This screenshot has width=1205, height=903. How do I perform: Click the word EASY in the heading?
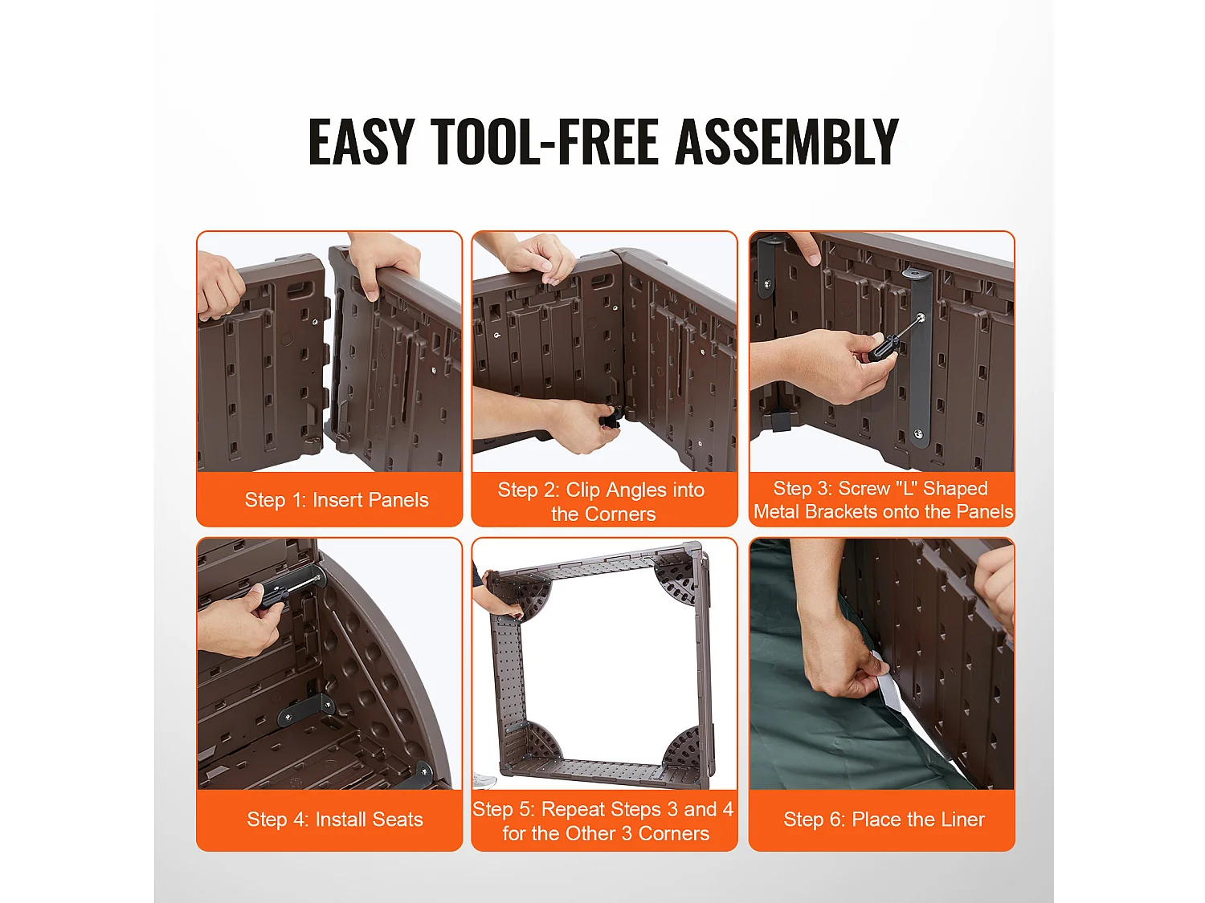[361, 141]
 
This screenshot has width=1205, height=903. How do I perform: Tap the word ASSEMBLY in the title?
[786, 141]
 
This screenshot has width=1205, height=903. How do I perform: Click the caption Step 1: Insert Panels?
[337, 500]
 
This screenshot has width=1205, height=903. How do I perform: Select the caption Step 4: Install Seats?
[335, 819]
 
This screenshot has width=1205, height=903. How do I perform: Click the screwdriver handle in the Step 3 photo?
[883, 348]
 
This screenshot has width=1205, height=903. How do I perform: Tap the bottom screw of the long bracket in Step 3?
[918, 434]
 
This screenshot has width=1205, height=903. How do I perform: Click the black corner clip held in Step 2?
[611, 420]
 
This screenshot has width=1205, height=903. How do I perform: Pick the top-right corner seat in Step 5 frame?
[679, 577]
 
